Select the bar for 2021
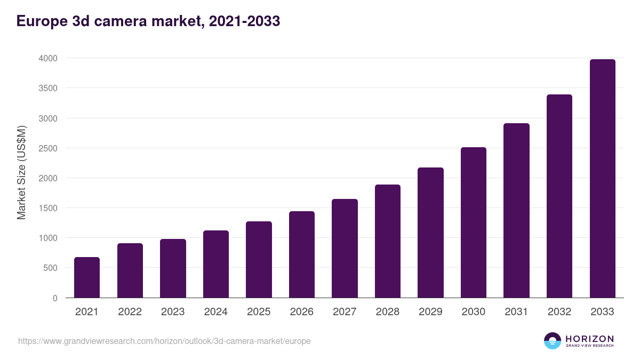click(x=87, y=277)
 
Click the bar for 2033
click(x=603, y=179)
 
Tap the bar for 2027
click(x=345, y=248)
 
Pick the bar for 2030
click(x=474, y=222)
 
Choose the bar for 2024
click(x=216, y=264)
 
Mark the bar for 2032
click(x=559, y=196)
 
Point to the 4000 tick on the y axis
click(x=47, y=58)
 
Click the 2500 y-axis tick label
click(x=47, y=148)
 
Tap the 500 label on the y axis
click(x=50, y=268)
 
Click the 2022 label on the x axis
click(x=130, y=312)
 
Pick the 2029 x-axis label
click(x=430, y=312)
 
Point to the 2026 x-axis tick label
click(x=301, y=312)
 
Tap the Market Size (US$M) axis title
click(x=21, y=173)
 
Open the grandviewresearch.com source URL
click(x=164, y=341)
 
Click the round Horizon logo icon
click(x=552, y=341)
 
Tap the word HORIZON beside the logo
click(x=589, y=338)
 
